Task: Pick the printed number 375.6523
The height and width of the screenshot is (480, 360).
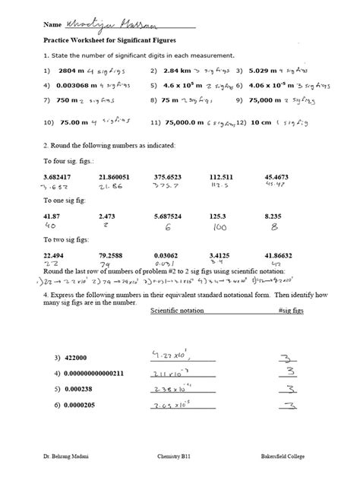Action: click(169, 176)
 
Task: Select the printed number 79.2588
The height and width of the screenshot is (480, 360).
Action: click(113, 255)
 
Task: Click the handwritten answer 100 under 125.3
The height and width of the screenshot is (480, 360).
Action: click(220, 226)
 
